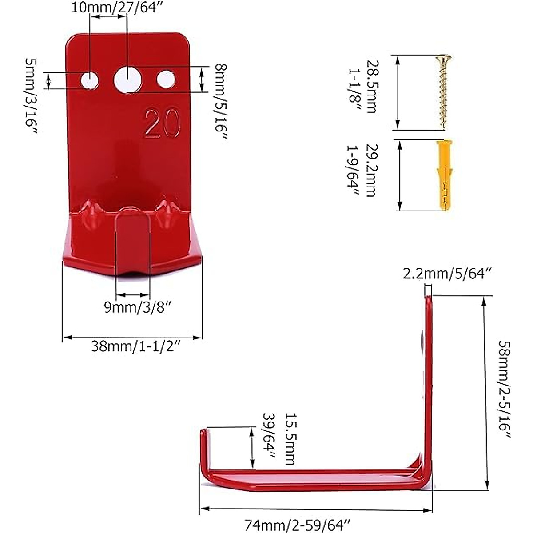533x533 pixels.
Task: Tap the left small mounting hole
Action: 90,80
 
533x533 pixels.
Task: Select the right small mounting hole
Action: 166,79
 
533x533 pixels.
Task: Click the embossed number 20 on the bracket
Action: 163,121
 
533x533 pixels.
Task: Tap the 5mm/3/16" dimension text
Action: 31,98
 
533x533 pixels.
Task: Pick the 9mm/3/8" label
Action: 132,307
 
